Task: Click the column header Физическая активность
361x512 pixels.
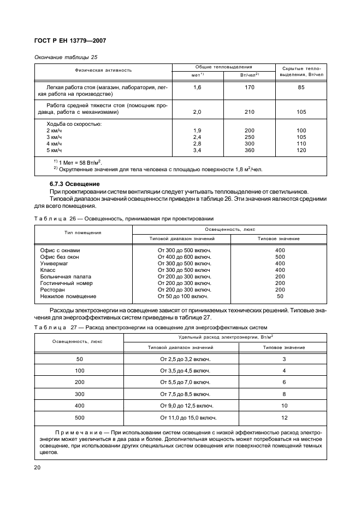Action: (x=103, y=70)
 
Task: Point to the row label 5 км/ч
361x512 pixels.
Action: (x=55, y=150)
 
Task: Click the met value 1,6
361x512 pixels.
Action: (x=197, y=87)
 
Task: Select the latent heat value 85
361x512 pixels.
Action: (x=301, y=87)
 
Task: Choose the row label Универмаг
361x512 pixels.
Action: (x=55, y=263)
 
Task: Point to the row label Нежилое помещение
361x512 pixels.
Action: (x=68, y=296)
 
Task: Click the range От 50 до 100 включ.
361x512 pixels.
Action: (x=183, y=296)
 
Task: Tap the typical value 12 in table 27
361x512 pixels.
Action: (x=284, y=418)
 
